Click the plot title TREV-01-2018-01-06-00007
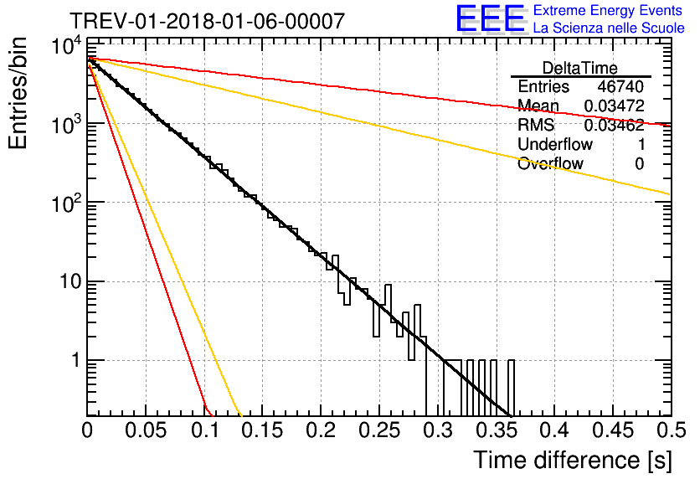coord(207,21)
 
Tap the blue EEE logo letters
coord(491,18)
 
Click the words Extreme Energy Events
coord(608,10)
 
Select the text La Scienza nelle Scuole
coord(609,28)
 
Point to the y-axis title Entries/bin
coord(18,93)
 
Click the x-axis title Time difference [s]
coord(573,461)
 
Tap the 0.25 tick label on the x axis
coord(379,430)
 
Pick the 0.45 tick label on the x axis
coord(613,430)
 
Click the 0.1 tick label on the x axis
coord(206,430)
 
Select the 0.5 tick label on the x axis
coord(671,430)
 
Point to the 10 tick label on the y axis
coord(70,281)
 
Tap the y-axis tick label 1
coord(76,360)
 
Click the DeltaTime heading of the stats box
coord(580,69)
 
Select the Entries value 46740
coord(620,86)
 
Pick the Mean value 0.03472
coord(615,106)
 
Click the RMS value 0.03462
coord(615,125)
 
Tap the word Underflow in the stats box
coord(555,144)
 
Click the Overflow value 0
coord(639,164)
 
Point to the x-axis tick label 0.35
coord(497,430)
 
